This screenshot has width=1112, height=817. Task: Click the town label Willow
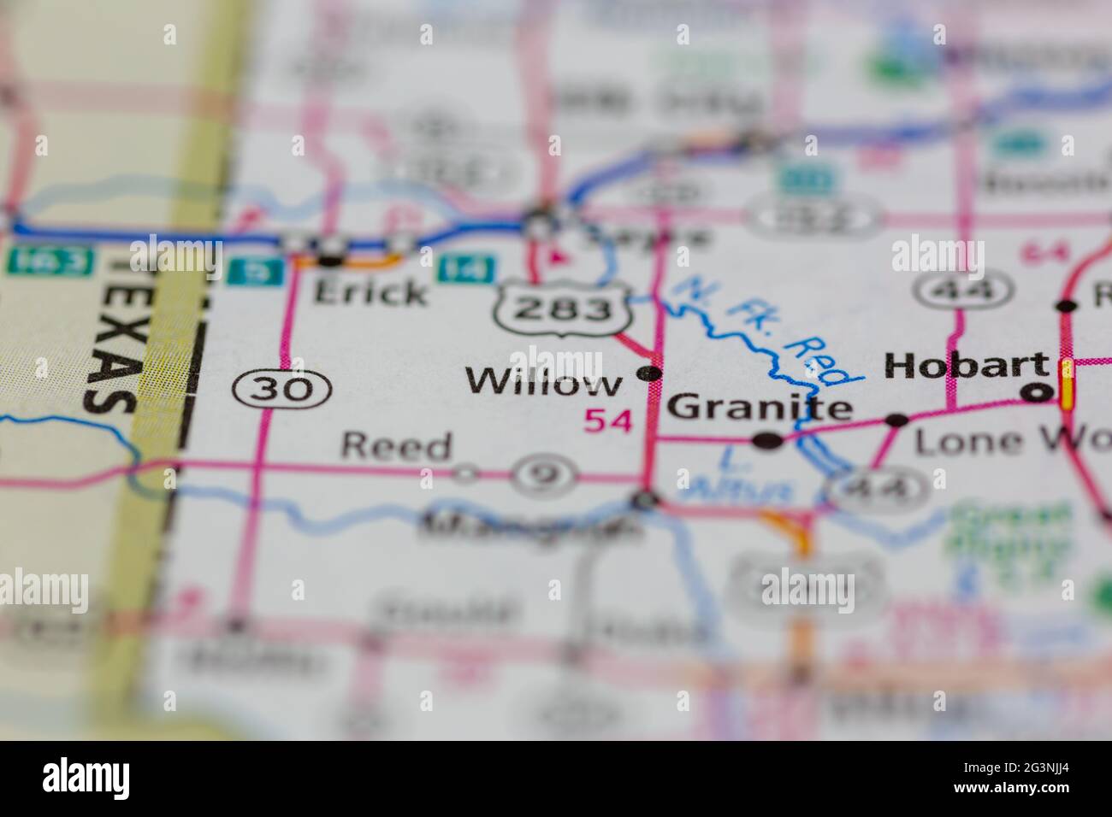tap(544, 382)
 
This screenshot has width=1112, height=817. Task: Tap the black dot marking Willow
tap(651, 373)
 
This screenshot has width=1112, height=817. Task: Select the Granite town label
tap(760, 408)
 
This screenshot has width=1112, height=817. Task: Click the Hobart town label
tap(967, 366)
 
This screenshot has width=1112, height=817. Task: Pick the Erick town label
tap(370, 292)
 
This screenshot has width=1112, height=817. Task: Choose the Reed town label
tap(395, 446)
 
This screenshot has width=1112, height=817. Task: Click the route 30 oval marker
tap(281, 390)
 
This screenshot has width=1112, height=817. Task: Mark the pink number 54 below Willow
tap(608, 420)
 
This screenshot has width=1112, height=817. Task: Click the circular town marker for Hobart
tap(1038, 392)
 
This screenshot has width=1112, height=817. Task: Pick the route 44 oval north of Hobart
tap(952, 291)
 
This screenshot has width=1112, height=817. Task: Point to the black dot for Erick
tap(331, 259)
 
